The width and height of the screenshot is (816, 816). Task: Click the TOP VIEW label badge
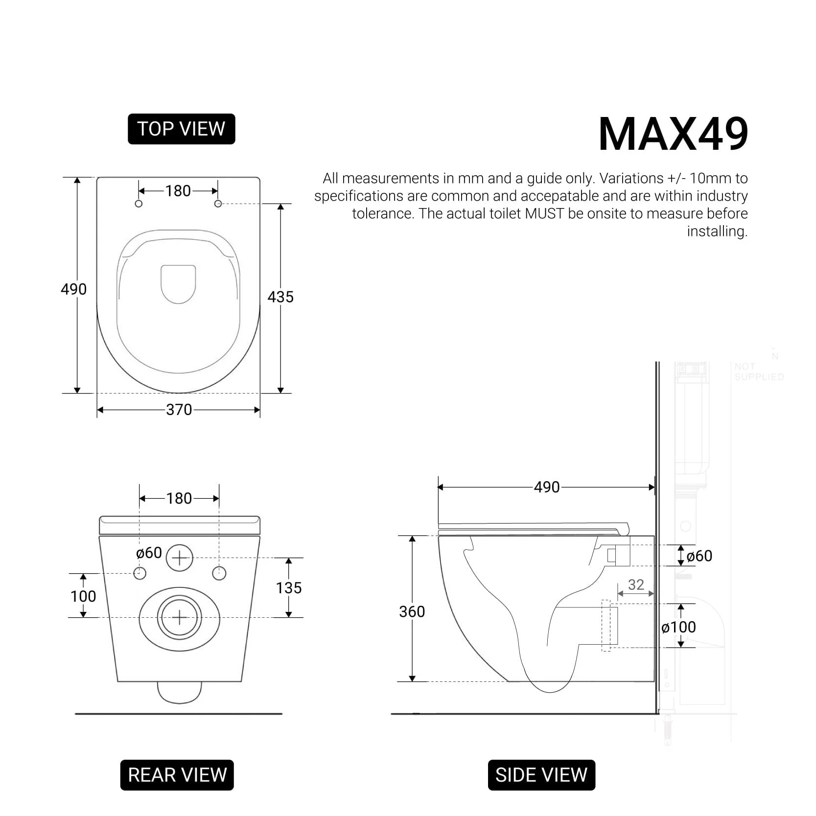coord(181,129)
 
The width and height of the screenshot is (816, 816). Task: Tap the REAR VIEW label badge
coord(177,775)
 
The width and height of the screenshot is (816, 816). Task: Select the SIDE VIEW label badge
coord(541,775)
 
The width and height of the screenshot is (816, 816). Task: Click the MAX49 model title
coord(673,134)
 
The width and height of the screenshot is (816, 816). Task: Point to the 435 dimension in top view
coord(280,297)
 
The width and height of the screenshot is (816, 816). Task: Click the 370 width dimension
coord(179,410)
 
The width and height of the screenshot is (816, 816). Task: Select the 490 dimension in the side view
coord(547,487)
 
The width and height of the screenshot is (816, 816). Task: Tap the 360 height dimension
coord(412,611)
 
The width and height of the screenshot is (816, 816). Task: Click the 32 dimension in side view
coord(636,584)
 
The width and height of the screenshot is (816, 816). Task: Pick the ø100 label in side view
coord(678,627)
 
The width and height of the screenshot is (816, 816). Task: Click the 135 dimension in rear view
coord(289,588)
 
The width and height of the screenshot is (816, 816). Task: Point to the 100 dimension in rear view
coord(83,596)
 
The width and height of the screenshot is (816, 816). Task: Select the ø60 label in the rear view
coord(149,553)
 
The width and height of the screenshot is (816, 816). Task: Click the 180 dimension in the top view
coord(178,191)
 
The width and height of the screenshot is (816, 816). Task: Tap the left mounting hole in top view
coord(139,204)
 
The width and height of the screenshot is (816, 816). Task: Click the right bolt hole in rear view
coord(219,573)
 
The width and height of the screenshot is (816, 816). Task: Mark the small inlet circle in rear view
coord(180,558)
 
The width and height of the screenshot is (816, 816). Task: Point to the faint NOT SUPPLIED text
coord(758,372)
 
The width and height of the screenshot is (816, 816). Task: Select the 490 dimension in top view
coord(73,289)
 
